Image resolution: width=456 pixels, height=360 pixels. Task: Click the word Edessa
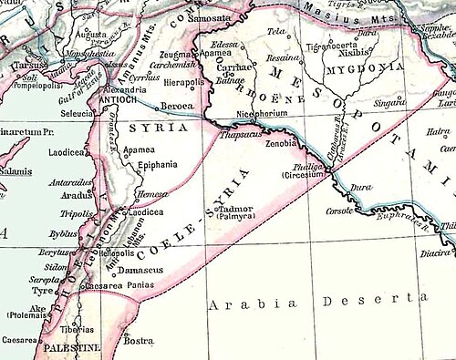click(225, 44)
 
